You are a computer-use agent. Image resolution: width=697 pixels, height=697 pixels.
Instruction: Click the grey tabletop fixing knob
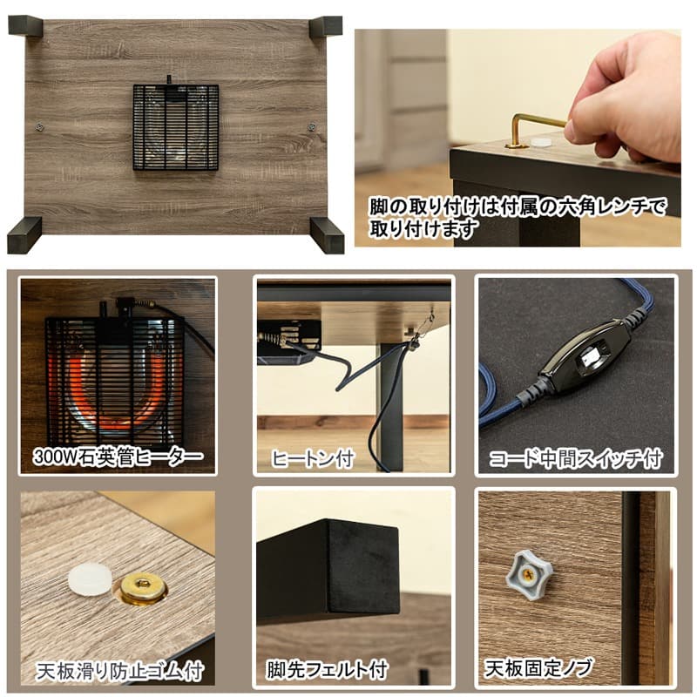[529, 573]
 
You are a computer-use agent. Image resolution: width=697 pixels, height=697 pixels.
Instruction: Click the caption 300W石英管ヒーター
[118, 456]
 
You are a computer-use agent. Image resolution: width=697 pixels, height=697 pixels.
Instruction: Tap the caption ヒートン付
[313, 458]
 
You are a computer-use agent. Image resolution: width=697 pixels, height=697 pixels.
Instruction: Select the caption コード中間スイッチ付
[576, 458]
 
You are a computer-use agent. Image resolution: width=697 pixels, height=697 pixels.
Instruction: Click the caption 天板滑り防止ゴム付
[119, 671]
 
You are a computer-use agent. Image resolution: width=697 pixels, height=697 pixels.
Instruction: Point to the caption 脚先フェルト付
[328, 670]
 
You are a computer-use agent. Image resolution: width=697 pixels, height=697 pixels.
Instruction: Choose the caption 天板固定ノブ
[538, 668]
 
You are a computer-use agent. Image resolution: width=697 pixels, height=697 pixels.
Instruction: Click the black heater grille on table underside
[176, 127]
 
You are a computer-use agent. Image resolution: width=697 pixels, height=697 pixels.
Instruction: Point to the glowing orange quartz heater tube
[116, 391]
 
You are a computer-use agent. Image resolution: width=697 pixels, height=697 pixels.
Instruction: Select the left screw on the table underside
[39, 127]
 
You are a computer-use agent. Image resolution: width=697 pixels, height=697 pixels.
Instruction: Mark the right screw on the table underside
[311, 127]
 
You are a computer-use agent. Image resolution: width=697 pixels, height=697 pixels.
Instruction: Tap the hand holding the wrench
[626, 98]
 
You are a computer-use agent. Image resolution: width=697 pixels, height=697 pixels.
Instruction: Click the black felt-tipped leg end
[329, 569]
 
